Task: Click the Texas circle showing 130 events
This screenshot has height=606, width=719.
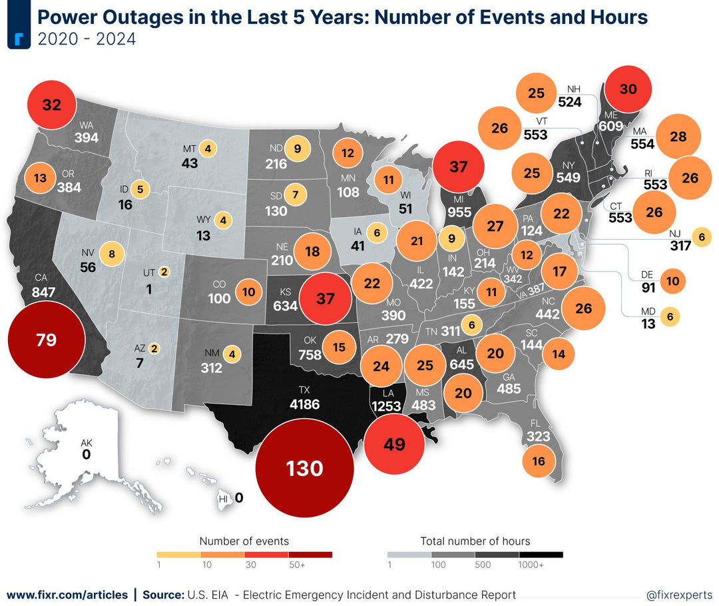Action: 305,468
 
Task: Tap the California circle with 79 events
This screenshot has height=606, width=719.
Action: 47,340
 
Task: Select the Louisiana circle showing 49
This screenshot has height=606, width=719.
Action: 395,444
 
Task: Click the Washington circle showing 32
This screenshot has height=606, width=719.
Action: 51,105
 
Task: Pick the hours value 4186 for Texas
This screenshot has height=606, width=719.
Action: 304,404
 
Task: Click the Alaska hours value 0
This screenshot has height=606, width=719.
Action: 86,455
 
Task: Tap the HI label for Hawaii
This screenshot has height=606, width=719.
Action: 224,498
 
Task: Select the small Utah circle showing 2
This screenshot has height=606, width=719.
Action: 162,272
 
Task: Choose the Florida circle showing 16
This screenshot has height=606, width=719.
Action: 539,461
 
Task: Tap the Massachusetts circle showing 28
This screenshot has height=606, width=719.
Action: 678,137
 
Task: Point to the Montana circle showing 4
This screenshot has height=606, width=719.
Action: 208,149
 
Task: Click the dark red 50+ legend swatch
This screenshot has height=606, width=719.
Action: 310,554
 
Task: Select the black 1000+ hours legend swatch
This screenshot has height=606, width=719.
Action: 541,554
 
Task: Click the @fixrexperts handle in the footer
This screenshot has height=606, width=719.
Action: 678,595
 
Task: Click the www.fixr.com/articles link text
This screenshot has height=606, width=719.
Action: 67,595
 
